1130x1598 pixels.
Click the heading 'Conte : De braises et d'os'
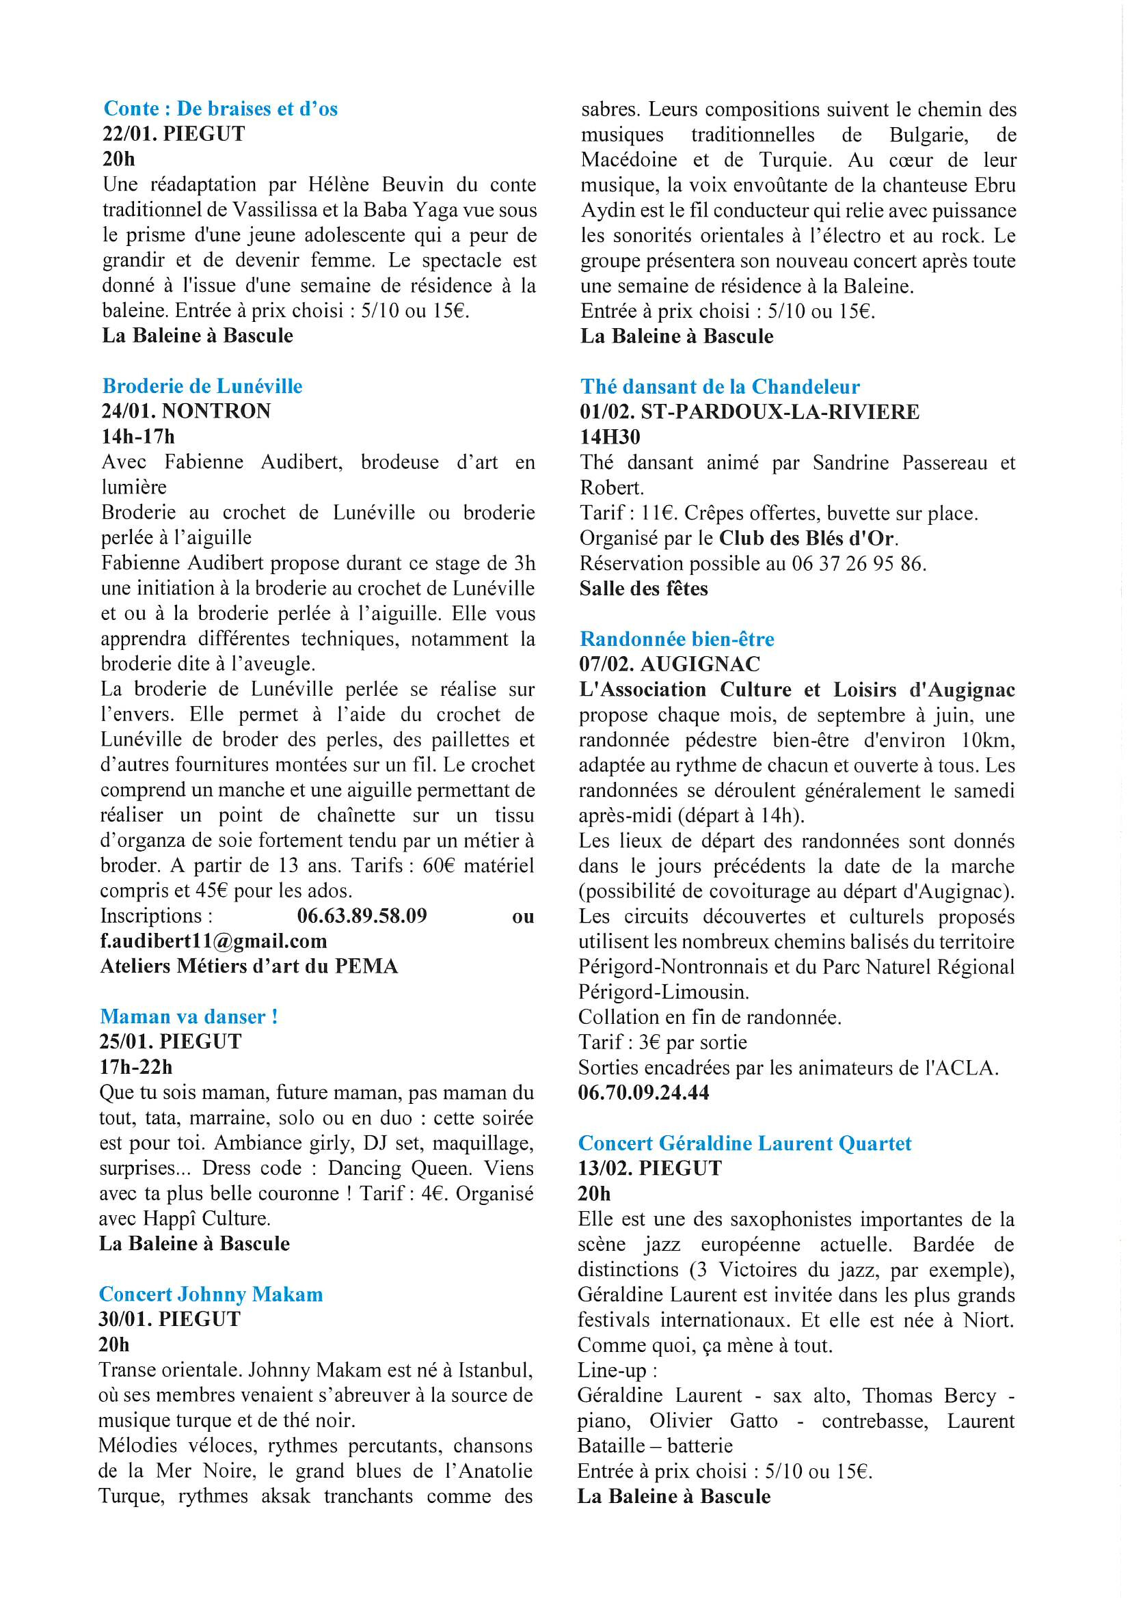click(x=221, y=109)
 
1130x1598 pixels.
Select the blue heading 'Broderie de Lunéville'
click(x=202, y=386)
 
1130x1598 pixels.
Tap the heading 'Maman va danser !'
click(x=189, y=1016)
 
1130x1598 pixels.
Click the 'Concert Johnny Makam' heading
click(x=211, y=1294)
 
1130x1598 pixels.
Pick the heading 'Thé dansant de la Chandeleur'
click(x=720, y=387)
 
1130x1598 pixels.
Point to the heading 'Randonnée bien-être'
click(x=677, y=639)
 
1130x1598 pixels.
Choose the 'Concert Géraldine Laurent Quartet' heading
click(x=744, y=1143)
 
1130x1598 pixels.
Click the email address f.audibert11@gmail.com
click(x=214, y=941)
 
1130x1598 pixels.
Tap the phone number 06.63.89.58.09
click(x=362, y=916)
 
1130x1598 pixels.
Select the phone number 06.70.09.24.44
click(x=643, y=1092)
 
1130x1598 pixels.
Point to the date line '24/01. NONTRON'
click(x=186, y=411)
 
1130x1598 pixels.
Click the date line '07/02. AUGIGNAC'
click(x=670, y=664)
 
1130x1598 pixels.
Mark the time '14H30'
click(x=610, y=437)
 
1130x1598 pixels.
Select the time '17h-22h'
click(x=136, y=1067)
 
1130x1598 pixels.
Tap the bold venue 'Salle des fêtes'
click(x=643, y=588)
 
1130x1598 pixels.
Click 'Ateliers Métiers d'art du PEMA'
click(x=250, y=966)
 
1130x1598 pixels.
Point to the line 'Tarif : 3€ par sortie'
click(x=663, y=1042)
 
